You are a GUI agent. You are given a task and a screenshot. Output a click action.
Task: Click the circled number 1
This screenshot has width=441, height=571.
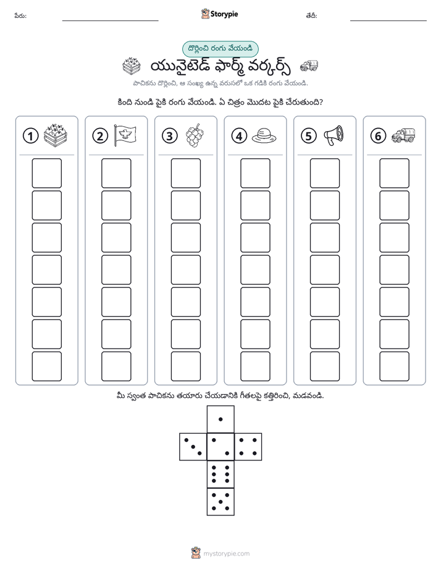pos(30,136)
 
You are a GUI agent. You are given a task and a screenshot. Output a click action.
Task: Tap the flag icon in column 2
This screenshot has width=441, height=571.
pos(125,135)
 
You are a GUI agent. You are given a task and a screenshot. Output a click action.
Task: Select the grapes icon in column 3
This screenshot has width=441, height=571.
pos(195,135)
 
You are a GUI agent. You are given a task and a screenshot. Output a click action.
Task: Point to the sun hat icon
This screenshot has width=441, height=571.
pos(264,135)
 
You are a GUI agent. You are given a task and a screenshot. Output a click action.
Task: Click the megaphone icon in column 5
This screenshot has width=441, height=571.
pos(334,135)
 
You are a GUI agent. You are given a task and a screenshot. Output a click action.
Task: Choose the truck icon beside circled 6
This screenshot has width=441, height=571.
pos(403,135)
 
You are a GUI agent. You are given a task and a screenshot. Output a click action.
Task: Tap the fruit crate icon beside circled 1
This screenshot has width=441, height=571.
pos(56,135)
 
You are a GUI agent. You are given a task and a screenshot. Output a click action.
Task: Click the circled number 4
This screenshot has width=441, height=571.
pos(239,136)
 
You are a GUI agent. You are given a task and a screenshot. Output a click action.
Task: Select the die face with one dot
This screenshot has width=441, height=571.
pos(220,419)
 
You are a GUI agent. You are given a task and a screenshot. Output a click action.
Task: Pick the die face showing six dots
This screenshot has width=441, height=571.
pos(220,474)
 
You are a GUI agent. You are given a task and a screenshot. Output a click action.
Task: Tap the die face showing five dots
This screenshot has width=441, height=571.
pos(220,502)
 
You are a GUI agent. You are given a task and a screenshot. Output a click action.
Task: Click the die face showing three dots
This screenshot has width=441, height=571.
pos(193,447)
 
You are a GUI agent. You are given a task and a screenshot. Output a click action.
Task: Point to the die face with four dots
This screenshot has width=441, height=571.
pos(248,447)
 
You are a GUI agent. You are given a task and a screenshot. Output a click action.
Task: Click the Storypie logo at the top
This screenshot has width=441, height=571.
pos(219,14)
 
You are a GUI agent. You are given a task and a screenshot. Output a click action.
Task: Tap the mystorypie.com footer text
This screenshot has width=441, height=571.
pos(226,554)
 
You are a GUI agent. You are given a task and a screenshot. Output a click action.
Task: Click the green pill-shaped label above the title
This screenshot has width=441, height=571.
pos(220,49)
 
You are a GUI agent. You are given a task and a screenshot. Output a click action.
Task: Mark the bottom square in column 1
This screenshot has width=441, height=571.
pos(46,366)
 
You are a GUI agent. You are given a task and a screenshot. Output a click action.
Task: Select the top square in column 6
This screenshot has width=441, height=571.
pos(395,173)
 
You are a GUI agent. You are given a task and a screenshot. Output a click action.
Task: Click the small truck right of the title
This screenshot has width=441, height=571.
pos(309,66)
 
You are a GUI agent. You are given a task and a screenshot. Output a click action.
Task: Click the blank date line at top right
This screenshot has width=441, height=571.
pos(388,20)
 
